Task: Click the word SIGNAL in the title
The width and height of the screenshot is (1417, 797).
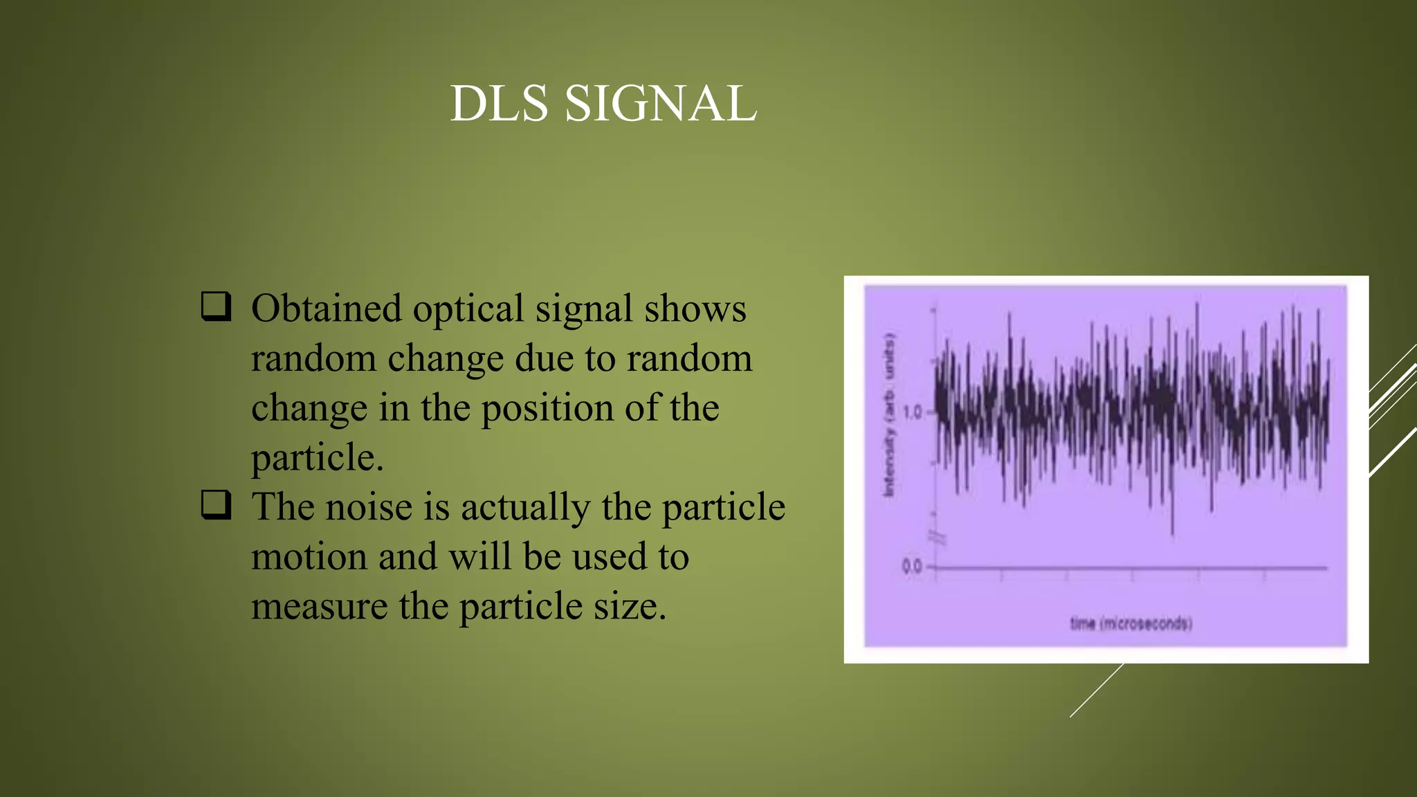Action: [x=661, y=104]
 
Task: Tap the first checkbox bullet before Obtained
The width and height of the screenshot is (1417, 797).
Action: [x=216, y=306]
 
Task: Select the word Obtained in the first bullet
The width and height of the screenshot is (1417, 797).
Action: [x=326, y=309]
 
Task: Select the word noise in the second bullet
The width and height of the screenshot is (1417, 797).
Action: [x=369, y=507]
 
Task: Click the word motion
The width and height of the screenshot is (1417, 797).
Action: [x=309, y=557]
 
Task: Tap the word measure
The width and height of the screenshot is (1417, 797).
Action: [x=319, y=607]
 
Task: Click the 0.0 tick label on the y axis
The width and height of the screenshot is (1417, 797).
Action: [x=913, y=567]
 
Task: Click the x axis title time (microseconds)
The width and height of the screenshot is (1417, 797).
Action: [x=1131, y=623]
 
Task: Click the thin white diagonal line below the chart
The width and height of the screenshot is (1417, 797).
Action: [x=1097, y=690]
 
